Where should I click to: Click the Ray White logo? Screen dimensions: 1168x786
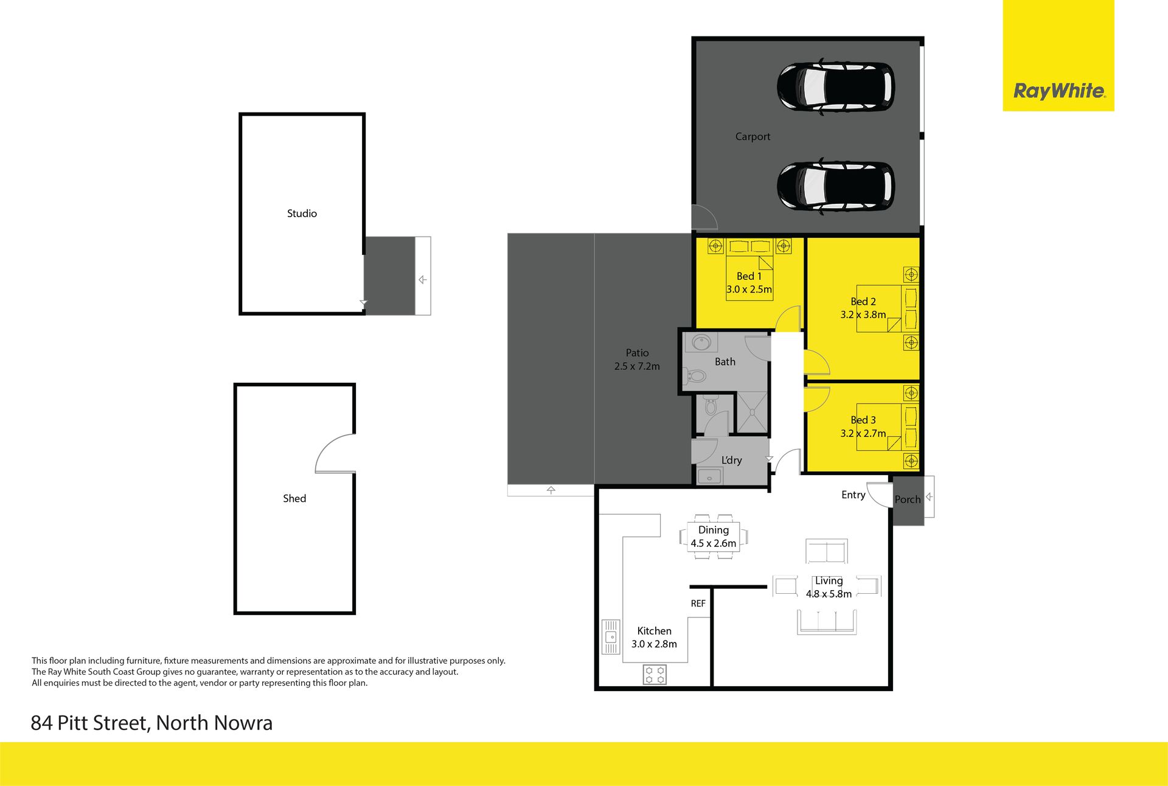coord(1058,91)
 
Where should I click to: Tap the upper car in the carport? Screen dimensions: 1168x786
coord(836,86)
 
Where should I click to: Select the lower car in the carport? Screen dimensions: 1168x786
coord(836,186)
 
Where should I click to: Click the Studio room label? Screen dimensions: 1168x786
coord(302,214)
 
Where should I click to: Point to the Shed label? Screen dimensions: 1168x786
coord(294,498)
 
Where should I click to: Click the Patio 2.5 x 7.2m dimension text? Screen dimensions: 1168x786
coord(637,366)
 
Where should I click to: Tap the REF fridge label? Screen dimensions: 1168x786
coord(698,603)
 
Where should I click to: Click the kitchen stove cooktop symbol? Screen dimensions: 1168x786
coord(655,675)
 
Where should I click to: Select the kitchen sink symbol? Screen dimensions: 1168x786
coord(610,637)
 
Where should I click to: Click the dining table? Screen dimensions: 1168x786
coord(714,536)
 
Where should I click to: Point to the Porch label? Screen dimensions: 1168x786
coord(908,499)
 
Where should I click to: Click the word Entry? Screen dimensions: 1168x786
coord(853,495)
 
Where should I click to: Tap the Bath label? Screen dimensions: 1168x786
coord(725,362)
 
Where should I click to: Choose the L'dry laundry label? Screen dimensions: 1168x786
coord(731,461)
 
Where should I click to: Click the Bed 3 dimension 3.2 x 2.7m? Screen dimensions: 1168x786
coord(863,433)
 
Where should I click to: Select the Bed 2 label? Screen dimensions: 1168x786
coord(863,302)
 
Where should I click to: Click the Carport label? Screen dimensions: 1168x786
coord(753,137)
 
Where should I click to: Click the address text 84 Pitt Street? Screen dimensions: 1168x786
coord(89,723)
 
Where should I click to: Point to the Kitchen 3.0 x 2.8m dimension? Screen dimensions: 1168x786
coord(654,644)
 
